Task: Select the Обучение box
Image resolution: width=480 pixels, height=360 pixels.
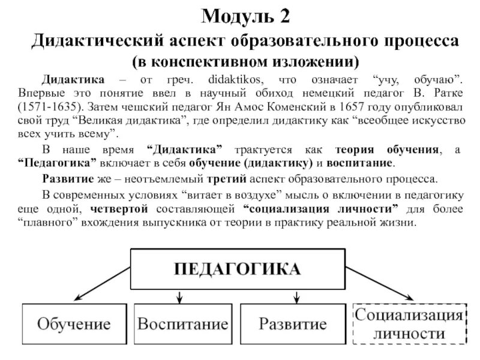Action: coord(73,325)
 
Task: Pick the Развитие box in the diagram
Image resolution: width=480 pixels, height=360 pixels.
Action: coord(292,325)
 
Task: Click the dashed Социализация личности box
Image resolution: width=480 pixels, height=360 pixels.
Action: coord(409,324)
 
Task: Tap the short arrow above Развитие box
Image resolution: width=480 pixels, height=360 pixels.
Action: coord(296,296)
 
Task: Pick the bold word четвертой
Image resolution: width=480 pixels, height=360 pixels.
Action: coord(121,209)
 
